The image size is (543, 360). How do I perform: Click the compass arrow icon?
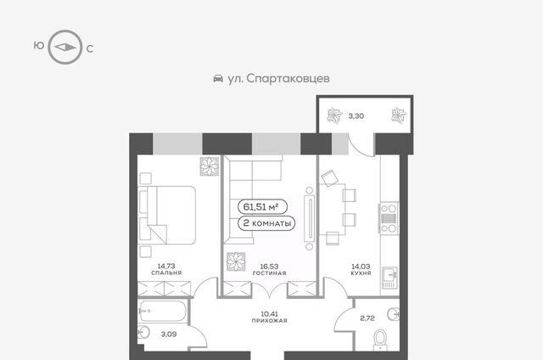64,47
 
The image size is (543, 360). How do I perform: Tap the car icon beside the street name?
218,79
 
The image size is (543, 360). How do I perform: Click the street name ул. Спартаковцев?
278,79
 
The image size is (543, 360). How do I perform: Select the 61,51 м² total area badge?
262,207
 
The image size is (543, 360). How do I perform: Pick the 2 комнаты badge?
266,222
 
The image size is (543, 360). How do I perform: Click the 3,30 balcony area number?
356,116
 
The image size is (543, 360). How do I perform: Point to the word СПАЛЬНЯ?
166,273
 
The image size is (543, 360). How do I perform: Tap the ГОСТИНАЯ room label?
270,273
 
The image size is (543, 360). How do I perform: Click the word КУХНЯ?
361,273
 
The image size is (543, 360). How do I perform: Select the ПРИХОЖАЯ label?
270,321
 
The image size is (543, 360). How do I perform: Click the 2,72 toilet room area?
367,318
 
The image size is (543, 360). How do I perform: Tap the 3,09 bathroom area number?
169,335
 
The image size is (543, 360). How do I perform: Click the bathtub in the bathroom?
162,311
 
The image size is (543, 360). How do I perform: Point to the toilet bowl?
380,340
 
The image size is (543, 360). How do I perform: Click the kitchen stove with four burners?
389,219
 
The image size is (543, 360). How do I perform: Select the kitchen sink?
390,278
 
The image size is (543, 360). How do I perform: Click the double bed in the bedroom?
166,215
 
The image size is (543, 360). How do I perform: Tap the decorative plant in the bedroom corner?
210,166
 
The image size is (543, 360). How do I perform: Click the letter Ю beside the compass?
39,45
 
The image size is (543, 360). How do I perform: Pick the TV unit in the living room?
309,218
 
